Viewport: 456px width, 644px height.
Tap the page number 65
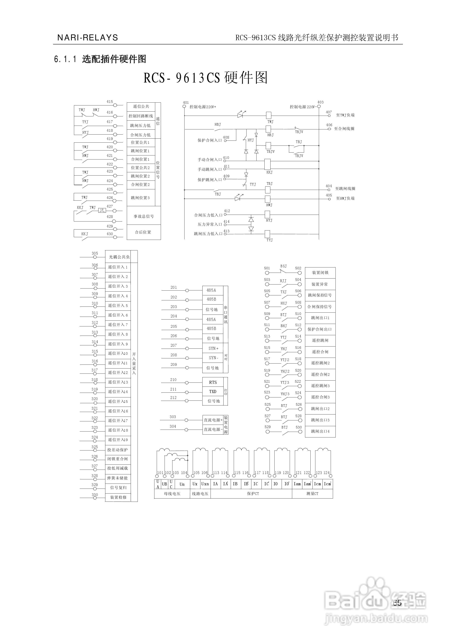[x=397, y=603]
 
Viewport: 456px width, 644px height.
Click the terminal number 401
[x=186, y=102]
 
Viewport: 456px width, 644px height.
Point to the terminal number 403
[x=320, y=102]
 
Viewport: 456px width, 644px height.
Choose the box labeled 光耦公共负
[x=119, y=257]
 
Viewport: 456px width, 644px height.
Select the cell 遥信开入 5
[x=118, y=306]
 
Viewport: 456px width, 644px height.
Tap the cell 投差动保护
[x=117, y=450]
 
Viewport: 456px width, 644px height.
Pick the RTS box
[x=213, y=382]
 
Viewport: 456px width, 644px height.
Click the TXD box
[x=213, y=391]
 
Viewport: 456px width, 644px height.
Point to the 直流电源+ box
[x=213, y=420]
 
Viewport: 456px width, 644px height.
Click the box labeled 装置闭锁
[x=320, y=273]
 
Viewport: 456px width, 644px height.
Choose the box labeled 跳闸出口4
[x=320, y=431]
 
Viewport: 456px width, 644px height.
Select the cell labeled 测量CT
[x=312, y=494]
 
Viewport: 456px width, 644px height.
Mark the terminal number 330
[x=95, y=495]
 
